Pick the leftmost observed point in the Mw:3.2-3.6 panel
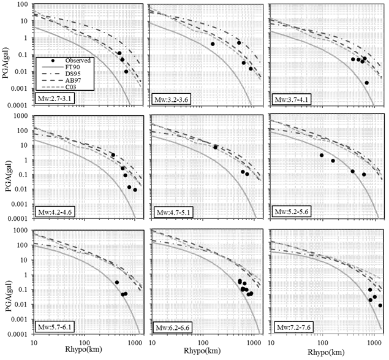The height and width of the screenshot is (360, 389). [x=213, y=44]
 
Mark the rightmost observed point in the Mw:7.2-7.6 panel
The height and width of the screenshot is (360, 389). [x=380, y=305]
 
